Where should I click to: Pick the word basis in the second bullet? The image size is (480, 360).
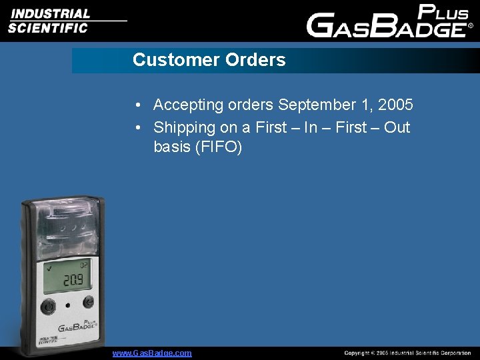(171, 147)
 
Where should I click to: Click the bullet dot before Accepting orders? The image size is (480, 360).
(136, 105)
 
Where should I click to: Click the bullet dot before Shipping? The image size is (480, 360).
(136, 127)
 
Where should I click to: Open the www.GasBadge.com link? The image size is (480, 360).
(152, 353)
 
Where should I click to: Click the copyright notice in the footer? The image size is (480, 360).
(407, 353)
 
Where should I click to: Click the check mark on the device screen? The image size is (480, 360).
(48, 268)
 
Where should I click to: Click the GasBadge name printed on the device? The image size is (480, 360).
(76, 327)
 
